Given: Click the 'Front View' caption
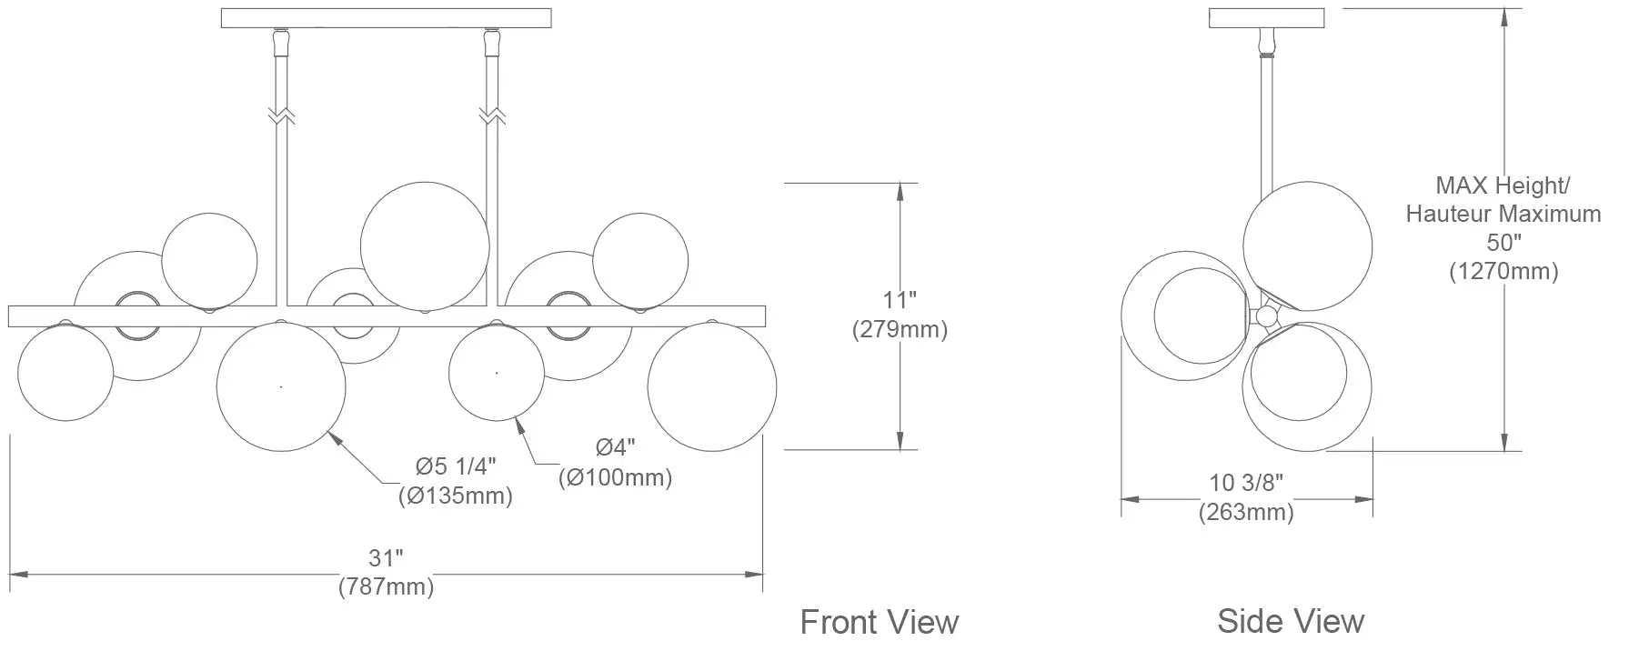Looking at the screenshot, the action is coord(879,622).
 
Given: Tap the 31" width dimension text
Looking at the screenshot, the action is coord(386,558).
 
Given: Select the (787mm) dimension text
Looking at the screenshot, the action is coord(386,586).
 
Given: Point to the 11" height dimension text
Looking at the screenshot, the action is coord(900,301).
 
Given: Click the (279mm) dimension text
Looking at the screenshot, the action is coord(900,329).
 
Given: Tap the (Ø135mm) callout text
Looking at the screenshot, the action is coord(455,496).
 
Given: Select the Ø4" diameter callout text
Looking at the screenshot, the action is coord(616,447).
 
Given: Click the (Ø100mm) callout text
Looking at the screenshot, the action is coord(616,476).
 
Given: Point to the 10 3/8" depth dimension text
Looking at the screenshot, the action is coord(1245,483).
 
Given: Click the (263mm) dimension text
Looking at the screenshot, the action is coord(1246,512).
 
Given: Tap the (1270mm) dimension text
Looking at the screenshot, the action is coord(1503,271).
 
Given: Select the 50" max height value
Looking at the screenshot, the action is coord(1503,243).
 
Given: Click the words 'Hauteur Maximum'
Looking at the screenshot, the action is coord(1503,215).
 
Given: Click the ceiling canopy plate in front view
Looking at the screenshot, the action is coord(387,18).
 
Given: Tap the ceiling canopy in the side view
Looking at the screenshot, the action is coord(1265,17).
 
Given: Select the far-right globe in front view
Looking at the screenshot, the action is coord(712,386).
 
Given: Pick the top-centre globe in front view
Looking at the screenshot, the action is coord(425,245).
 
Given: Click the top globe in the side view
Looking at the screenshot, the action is coord(1307,245).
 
